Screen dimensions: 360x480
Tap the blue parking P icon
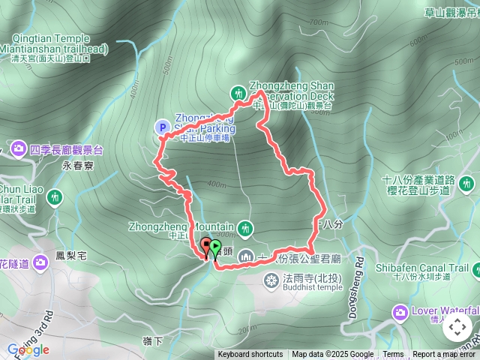(x=162, y=127)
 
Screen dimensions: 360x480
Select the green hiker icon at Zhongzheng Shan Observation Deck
(x=238, y=93)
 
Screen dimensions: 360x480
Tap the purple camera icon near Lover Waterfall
(x=399, y=311)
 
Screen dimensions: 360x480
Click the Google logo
(x=28, y=349)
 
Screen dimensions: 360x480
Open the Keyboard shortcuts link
(x=250, y=355)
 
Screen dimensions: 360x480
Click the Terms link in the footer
(x=393, y=355)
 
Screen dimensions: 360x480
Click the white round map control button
(x=457, y=326)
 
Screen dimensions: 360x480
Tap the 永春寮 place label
(x=77, y=166)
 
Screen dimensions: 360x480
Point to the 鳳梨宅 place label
(x=71, y=256)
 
